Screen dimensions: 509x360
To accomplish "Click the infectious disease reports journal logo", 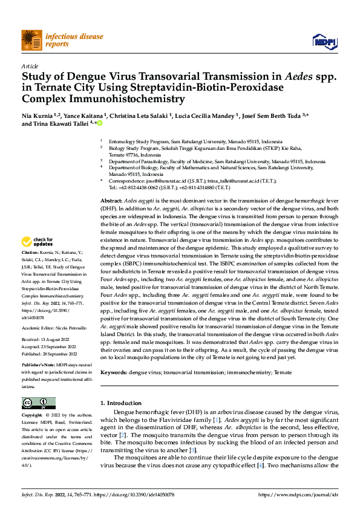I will coord(46,40).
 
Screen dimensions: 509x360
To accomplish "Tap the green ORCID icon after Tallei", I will coord(100,123).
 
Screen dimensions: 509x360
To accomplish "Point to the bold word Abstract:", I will coord(111,199).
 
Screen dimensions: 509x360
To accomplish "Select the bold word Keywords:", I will coord(114,374).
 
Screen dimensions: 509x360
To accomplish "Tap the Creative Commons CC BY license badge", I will coord(38,403).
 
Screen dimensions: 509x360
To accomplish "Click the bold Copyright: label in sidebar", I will coord(33,415).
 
